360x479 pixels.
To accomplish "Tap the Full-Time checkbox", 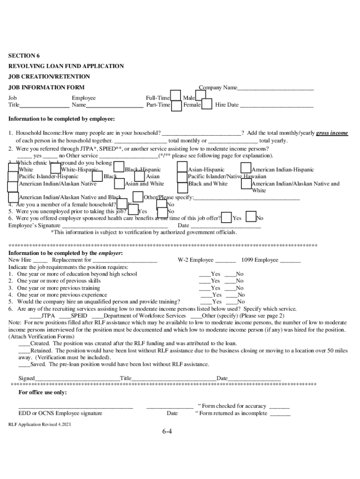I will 176,96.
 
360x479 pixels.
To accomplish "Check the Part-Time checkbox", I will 177,106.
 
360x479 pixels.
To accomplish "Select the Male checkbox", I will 201,95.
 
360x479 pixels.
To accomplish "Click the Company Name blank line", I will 275,88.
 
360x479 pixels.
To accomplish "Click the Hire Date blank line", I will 276,105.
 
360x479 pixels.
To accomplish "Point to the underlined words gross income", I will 332,133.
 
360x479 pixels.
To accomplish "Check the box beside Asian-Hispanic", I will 182,167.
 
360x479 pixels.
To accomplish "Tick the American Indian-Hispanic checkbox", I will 246,167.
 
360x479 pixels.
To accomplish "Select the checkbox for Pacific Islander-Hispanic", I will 14,176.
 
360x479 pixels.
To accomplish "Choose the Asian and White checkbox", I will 119,184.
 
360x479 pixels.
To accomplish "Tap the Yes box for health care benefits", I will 226,218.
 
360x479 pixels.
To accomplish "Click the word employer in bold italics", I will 110,253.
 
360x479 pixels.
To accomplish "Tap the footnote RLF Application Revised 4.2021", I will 40,424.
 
